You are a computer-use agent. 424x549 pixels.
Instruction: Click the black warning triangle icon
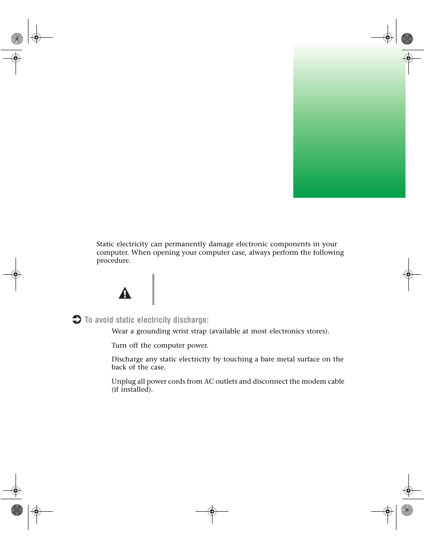tap(125, 293)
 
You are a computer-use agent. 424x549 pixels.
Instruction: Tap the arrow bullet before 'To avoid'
tap(77, 320)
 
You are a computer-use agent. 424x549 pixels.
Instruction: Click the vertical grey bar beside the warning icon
tap(153, 289)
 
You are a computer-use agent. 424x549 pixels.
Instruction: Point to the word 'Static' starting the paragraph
tap(105, 244)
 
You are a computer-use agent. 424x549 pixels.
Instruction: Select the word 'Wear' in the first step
tap(120, 331)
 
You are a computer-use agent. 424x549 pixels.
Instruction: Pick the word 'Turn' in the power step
tap(119, 345)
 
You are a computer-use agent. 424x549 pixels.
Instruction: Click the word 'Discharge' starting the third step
tap(127, 359)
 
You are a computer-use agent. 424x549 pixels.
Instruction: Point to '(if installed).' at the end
tap(132, 389)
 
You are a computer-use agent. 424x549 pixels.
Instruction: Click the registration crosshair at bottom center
tap(212, 511)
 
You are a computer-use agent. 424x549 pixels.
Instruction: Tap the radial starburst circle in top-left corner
tap(17, 39)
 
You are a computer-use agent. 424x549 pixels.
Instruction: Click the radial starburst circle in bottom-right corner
tap(407, 510)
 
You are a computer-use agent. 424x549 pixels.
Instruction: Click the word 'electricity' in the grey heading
tap(153, 320)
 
